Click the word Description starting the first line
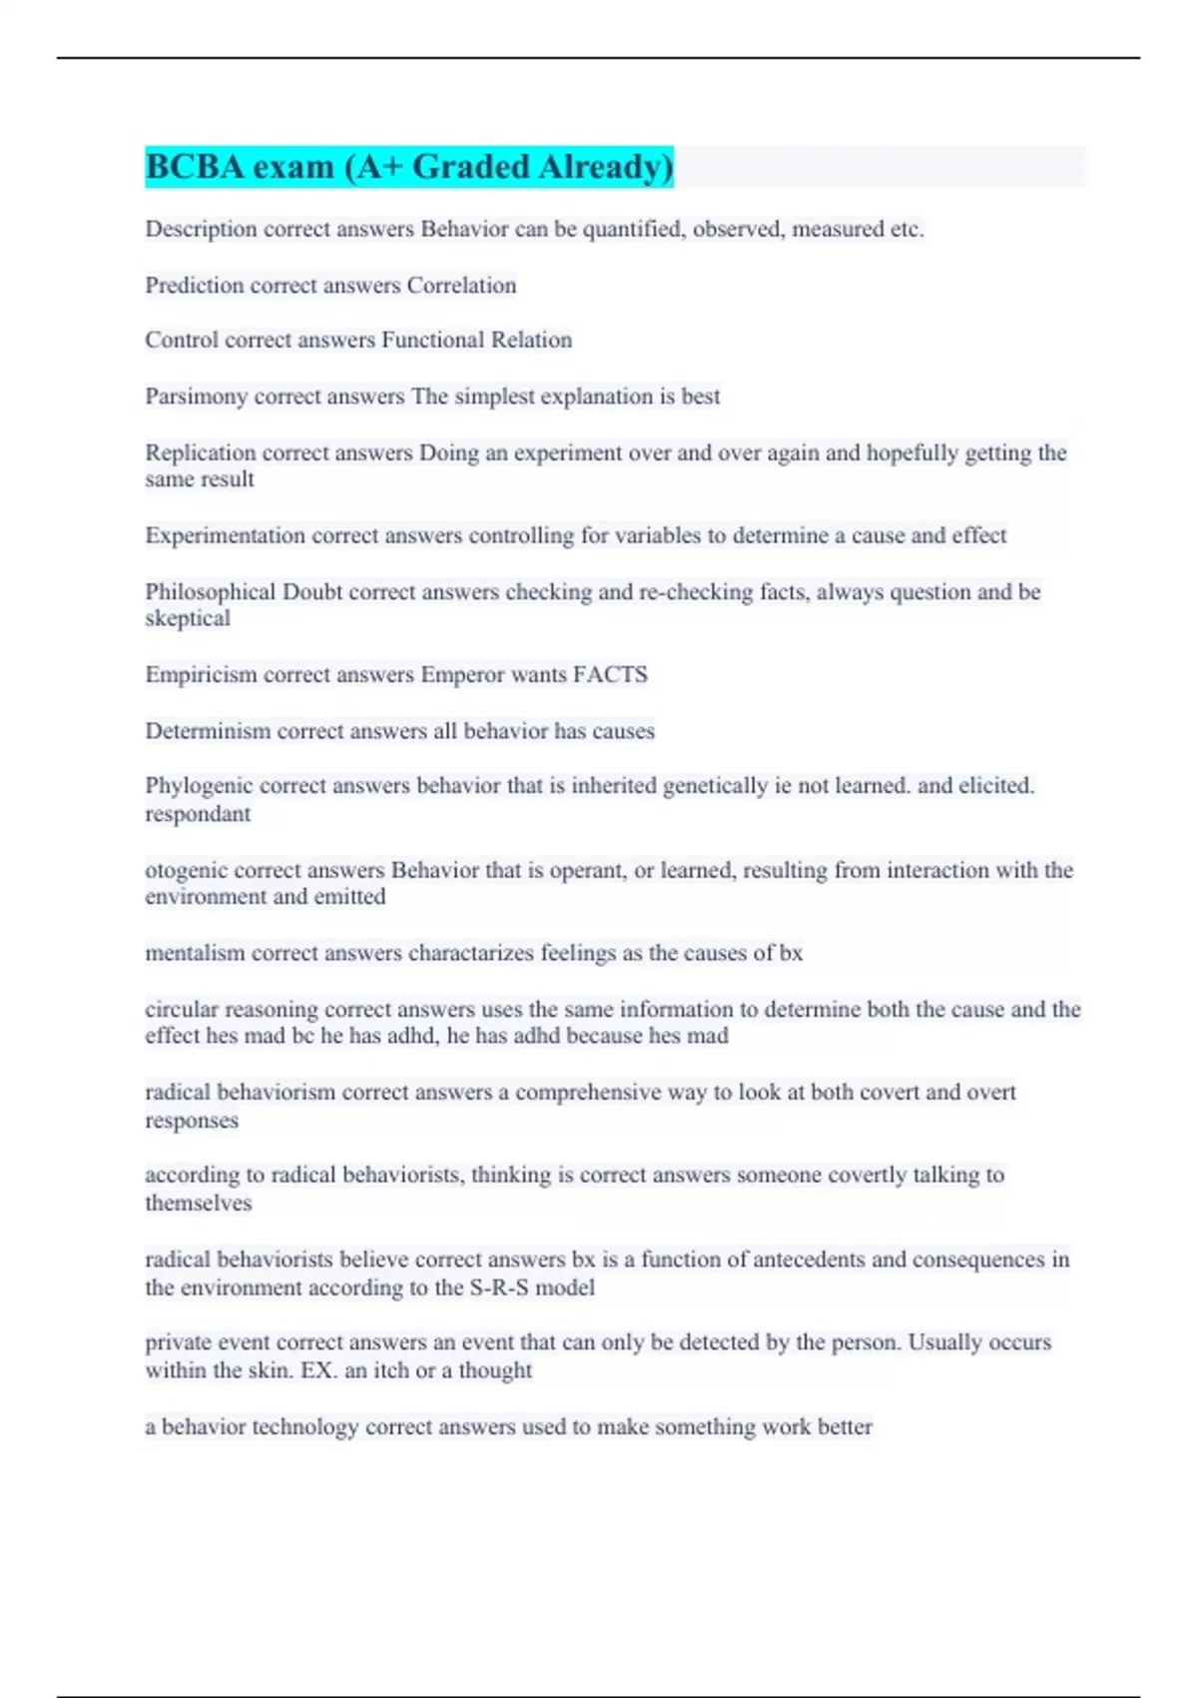click(201, 230)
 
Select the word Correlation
click(461, 286)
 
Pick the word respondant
click(198, 814)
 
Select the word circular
click(181, 1009)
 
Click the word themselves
click(198, 1204)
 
